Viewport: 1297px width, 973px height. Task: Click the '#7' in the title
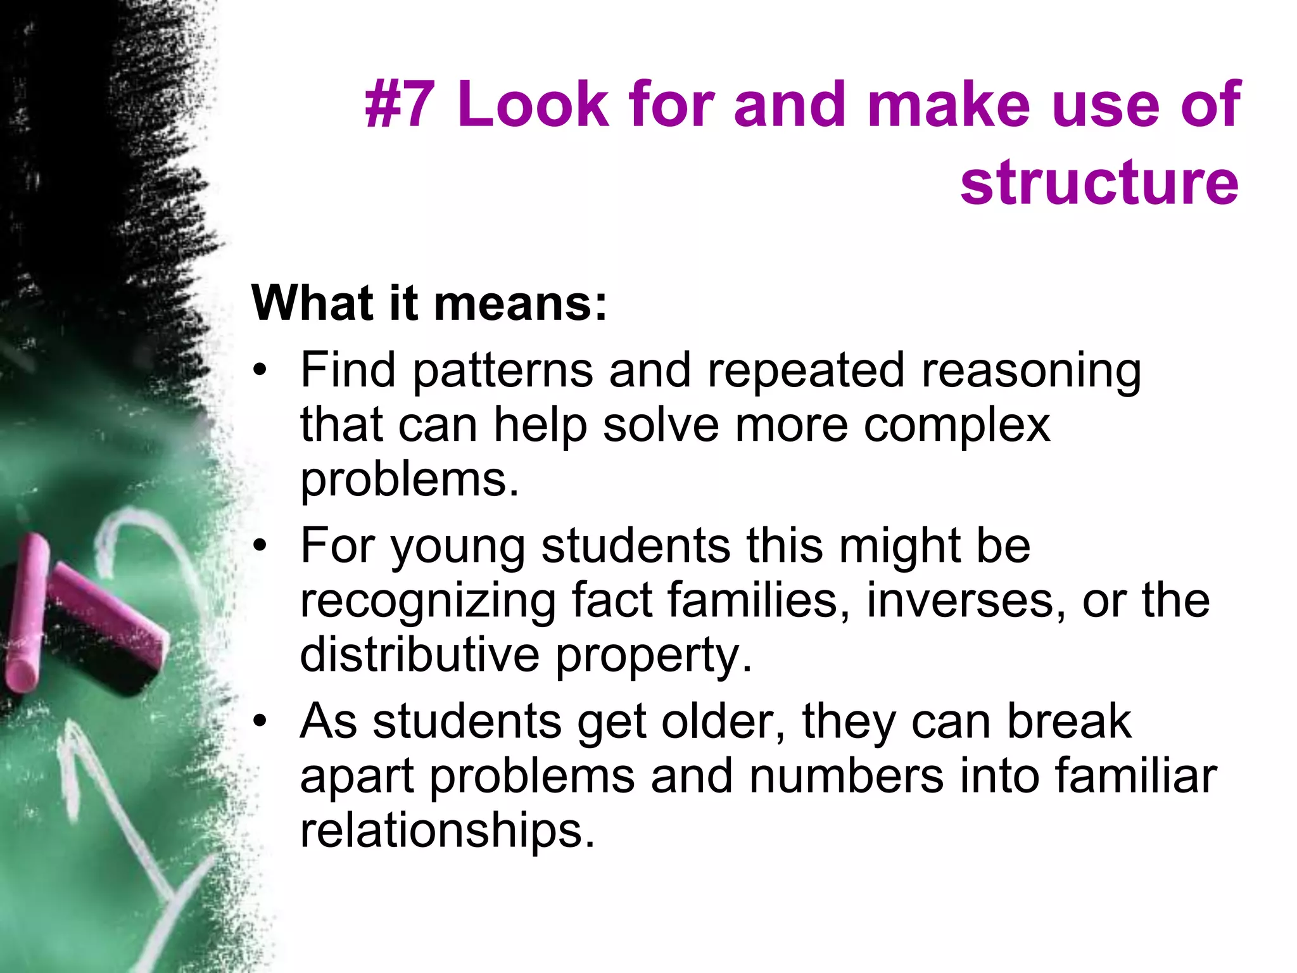tap(400, 104)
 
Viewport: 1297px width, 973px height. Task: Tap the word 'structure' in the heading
tap(1099, 182)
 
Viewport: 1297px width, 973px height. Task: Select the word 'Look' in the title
tap(533, 104)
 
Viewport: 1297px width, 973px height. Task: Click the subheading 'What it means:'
tap(429, 303)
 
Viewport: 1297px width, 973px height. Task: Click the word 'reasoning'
tap(1030, 371)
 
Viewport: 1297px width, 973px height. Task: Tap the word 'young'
tap(457, 547)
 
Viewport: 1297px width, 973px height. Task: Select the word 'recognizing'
tap(428, 602)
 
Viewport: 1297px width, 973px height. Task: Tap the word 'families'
tap(757, 601)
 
